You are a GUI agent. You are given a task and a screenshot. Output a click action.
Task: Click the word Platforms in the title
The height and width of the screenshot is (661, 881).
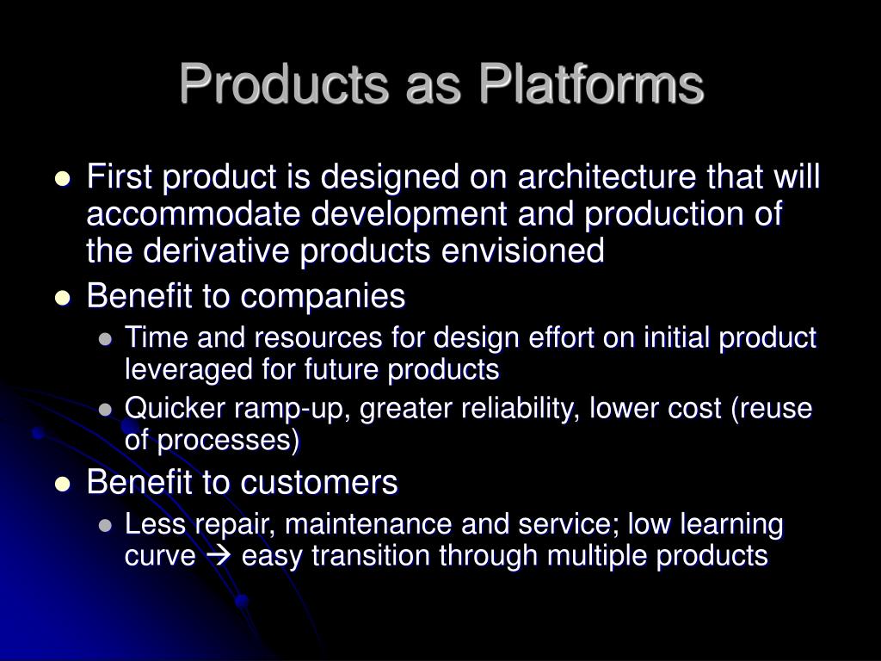[591, 84]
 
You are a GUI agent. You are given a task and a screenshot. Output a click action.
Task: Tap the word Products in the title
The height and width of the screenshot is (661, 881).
[284, 84]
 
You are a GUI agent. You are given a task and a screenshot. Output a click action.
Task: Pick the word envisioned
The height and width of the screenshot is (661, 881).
[522, 250]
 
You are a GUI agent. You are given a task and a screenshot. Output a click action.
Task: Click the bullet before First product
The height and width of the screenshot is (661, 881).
[63, 179]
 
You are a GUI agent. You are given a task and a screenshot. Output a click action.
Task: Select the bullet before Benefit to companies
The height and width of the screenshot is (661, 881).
[63, 299]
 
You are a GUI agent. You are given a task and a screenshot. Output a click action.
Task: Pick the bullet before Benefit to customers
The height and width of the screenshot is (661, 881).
[63, 485]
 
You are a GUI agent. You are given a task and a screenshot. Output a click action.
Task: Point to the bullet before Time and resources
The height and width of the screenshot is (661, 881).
[105, 339]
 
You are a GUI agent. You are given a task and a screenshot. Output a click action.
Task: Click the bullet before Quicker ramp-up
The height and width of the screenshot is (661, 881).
[105, 410]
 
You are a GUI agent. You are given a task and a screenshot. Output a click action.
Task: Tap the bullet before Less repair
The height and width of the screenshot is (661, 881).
[105, 526]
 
